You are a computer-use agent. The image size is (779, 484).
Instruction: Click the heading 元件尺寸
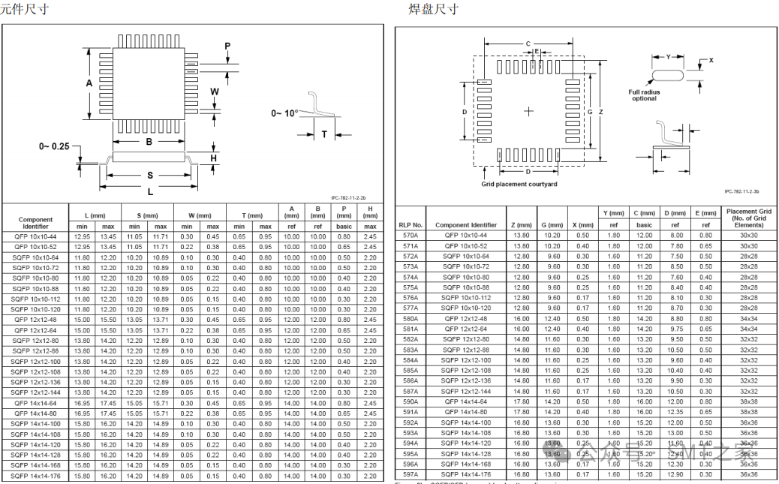point(24,9)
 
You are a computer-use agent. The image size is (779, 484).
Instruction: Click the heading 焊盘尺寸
point(433,9)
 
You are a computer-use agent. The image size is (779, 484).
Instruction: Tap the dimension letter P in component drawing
point(227,47)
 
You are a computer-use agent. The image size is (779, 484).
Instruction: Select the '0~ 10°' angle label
point(284,113)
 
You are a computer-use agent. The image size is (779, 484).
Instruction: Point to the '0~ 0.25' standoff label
point(55,146)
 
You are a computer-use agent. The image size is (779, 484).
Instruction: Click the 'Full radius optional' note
point(644,95)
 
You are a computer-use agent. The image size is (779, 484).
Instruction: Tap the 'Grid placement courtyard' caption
point(519,185)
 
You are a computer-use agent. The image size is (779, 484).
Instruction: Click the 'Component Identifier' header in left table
point(35,223)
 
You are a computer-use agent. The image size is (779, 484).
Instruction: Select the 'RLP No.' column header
point(411,225)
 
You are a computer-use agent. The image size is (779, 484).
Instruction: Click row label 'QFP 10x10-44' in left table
point(35,236)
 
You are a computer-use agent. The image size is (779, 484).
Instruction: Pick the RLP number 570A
point(411,236)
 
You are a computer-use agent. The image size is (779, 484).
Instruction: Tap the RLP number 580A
point(411,319)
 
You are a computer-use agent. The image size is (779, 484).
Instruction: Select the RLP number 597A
point(411,474)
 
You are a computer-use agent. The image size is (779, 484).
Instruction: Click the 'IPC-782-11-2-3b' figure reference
point(741,191)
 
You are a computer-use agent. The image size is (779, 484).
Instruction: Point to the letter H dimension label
point(214,158)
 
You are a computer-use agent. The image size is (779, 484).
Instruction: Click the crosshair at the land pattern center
point(529,111)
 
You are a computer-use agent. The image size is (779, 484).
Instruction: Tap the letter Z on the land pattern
point(601,111)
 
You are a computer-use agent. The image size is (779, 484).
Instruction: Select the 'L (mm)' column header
point(95,215)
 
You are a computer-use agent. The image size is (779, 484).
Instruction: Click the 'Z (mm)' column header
point(520,225)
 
